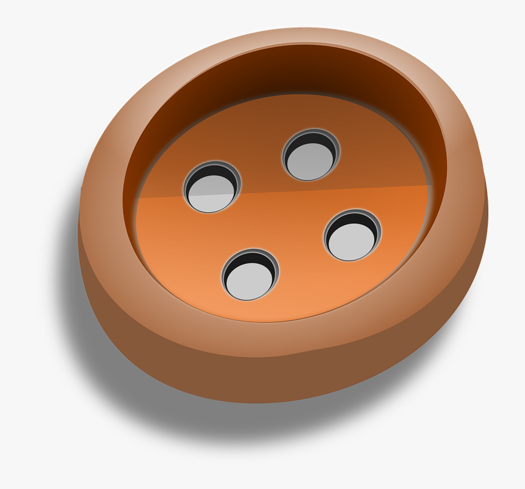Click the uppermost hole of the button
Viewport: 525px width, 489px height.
[x=311, y=155]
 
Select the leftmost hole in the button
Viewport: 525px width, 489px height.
[x=212, y=187]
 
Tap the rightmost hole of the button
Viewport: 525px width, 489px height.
[x=352, y=235]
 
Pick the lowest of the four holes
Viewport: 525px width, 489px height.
[x=250, y=275]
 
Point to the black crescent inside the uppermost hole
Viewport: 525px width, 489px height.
[x=311, y=140]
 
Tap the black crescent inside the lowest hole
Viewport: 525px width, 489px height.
[x=251, y=260]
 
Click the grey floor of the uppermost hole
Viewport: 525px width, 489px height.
[x=310, y=163]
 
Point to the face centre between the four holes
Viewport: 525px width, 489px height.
[x=282, y=214]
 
